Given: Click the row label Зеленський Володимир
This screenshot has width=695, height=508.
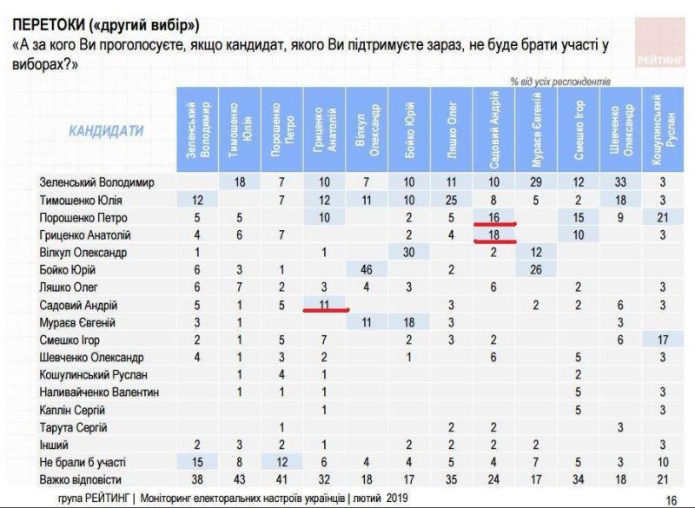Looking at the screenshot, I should point(96,183).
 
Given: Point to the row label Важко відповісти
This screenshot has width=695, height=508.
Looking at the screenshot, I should point(82,479).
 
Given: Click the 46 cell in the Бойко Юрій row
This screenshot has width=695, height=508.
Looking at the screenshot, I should point(367,270).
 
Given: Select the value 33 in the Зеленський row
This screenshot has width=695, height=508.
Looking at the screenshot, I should point(619,183).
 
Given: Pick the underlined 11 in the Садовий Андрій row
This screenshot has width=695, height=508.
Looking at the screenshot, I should point(324,305).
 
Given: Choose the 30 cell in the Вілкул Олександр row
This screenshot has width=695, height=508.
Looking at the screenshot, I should point(408,253).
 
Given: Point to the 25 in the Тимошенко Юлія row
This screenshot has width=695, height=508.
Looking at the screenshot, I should point(451,201).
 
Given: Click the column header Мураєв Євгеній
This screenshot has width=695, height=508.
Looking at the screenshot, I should point(535,130).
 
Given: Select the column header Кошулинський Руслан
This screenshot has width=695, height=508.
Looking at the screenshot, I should point(662,130).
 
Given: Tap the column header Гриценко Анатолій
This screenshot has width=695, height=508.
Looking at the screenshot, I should point(324,130).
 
